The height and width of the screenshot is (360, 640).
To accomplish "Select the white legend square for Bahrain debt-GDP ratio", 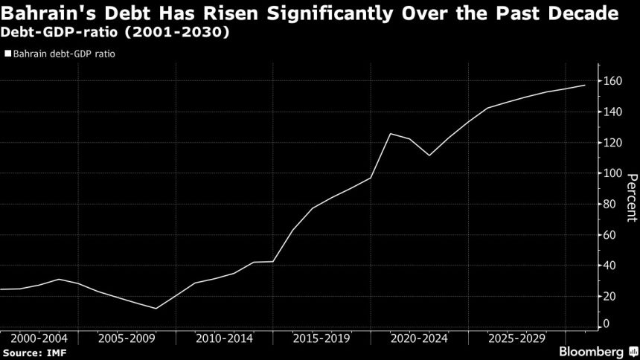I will tap(8, 54).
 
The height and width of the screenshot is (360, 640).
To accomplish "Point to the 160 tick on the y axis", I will tap(612, 80).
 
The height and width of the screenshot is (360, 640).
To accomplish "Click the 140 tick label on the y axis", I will tap(612, 112).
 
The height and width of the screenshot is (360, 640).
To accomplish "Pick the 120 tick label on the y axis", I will tap(612, 142).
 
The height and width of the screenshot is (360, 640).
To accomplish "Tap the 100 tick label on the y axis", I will tap(612, 173).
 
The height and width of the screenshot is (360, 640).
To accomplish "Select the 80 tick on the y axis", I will tap(609, 203).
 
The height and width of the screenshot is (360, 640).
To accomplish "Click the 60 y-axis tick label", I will tap(609, 234).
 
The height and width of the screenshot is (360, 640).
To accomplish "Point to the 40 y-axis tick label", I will tap(609, 265).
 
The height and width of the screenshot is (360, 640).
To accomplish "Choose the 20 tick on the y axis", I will tap(609, 295).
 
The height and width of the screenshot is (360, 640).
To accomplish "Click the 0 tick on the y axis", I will tap(607, 324).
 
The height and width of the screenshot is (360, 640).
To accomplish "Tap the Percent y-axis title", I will tap(631, 197).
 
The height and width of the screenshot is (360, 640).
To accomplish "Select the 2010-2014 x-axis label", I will tap(224, 338).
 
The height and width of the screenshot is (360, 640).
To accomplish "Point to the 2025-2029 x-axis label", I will tap(516, 338).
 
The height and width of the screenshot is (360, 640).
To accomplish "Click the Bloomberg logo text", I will tap(593, 350).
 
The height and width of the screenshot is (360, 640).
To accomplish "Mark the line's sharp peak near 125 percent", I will tap(391, 134).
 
